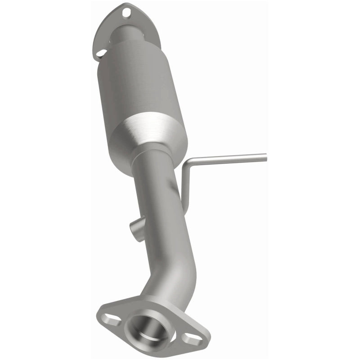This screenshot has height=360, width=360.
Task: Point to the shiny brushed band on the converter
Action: click(148, 130)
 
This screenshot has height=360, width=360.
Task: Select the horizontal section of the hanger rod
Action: click(229, 158)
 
